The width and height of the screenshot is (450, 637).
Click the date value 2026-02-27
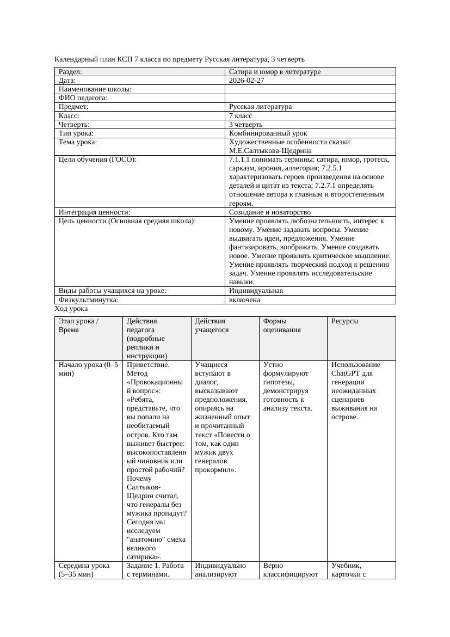click(x=246, y=81)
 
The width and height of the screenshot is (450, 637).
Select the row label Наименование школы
click(x=95, y=89)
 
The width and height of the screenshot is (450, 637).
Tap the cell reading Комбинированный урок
click(x=268, y=133)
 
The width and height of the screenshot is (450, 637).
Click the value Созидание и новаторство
click(x=270, y=212)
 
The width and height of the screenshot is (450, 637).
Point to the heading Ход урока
click(x=71, y=309)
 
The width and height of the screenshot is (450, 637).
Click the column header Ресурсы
click(x=344, y=321)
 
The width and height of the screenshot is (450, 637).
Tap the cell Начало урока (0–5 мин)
click(x=88, y=369)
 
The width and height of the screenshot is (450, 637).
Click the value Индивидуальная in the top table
click(x=256, y=291)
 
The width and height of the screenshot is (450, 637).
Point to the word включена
click(x=244, y=299)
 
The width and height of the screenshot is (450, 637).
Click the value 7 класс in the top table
click(x=241, y=116)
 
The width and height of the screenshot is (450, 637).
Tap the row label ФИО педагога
click(x=83, y=98)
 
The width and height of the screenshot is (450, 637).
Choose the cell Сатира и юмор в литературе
click(x=275, y=72)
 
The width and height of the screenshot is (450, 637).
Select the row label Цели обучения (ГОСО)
click(x=97, y=160)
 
